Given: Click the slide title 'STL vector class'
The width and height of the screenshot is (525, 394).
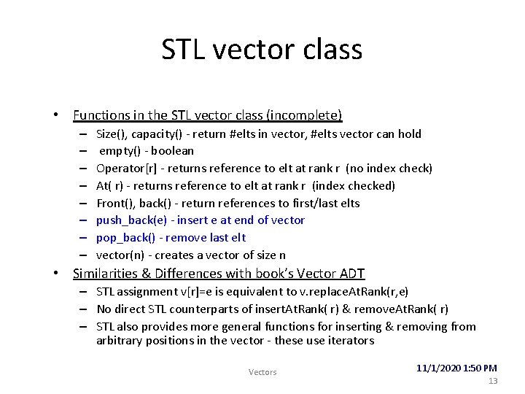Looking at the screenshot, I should (x=262, y=50).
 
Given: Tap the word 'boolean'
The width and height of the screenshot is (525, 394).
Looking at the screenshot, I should (x=172, y=151).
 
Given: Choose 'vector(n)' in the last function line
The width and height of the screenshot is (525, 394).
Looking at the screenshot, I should (x=120, y=255).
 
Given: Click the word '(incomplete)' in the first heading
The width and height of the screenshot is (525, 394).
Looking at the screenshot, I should (x=304, y=115).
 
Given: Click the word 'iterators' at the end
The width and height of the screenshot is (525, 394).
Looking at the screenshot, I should (x=350, y=341).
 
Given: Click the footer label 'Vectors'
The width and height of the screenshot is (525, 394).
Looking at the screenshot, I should (x=262, y=372).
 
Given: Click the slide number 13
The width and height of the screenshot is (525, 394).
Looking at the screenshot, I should (x=493, y=381).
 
